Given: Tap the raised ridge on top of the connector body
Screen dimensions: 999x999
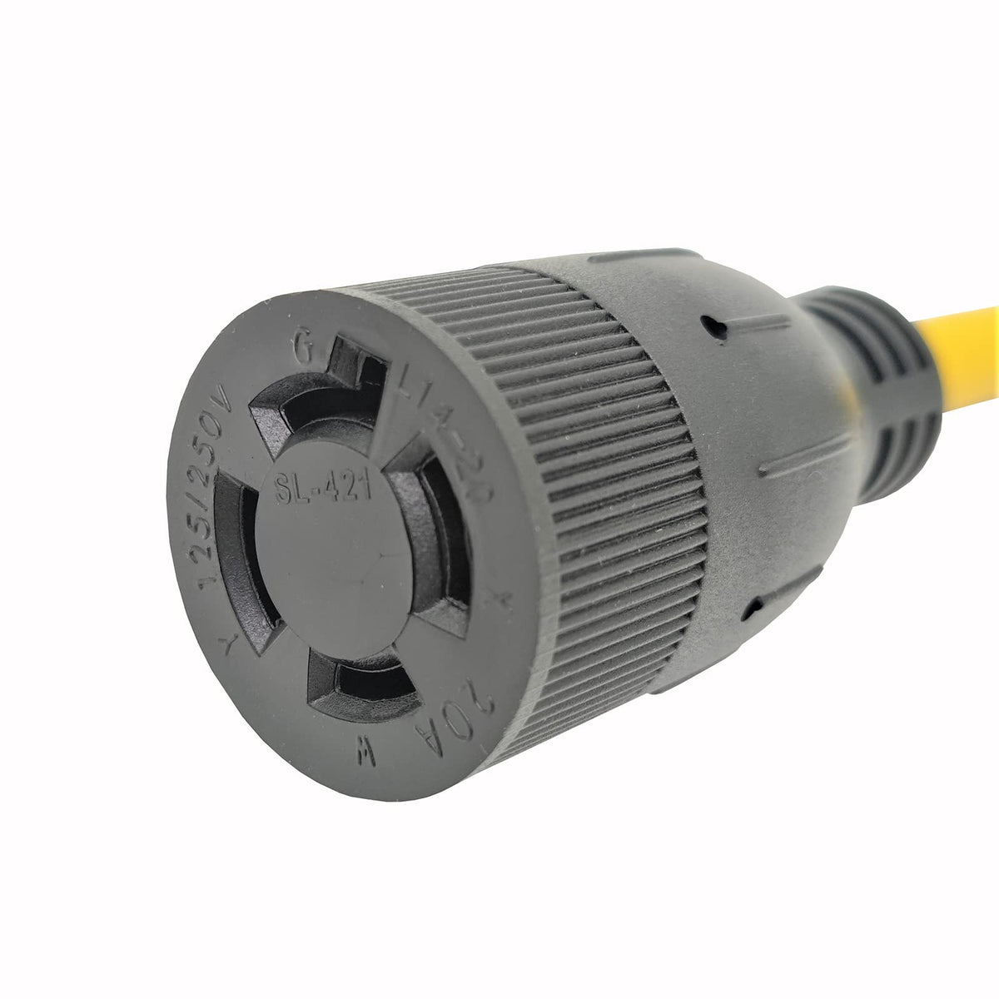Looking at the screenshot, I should (641, 257).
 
